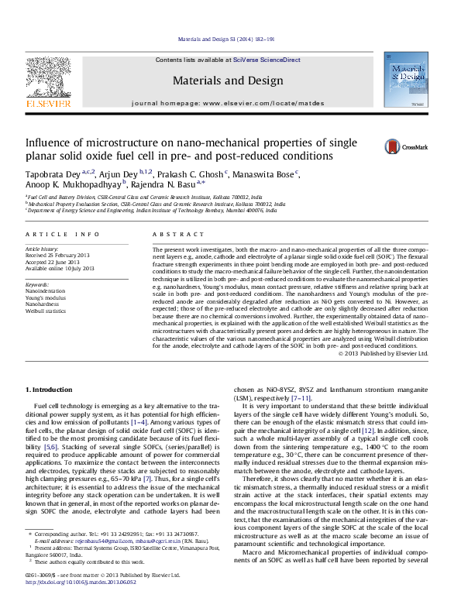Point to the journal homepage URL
coord(268,102)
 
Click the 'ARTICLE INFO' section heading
coord(63,234)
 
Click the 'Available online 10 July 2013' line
coord(65,268)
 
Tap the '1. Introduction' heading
coord(50,389)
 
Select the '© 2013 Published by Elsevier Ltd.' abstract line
coord(383,353)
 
